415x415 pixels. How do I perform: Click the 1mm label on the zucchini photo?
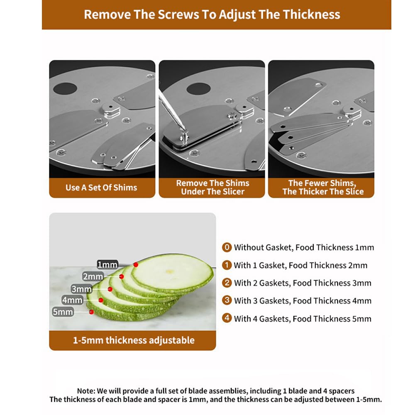point(107,264)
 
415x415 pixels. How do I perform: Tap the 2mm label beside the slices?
point(93,276)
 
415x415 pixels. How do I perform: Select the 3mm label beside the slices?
point(81,289)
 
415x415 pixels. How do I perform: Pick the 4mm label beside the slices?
point(72,300)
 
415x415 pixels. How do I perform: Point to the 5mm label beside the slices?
point(63,312)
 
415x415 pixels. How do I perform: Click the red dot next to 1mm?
point(136,265)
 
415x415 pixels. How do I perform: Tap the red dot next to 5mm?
point(91,312)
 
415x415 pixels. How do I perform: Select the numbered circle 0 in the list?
point(227,247)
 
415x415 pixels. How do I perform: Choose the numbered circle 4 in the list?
point(227,318)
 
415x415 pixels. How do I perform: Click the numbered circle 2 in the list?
point(227,283)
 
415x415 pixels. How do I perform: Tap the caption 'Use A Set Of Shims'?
point(101,188)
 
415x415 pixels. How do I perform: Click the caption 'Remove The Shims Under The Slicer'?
point(213,187)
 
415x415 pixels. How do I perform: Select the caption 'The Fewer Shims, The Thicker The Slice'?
point(323,187)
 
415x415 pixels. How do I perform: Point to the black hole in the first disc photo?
point(65,89)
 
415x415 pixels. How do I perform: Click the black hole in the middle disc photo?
point(198,89)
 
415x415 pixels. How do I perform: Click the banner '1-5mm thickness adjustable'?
point(134,340)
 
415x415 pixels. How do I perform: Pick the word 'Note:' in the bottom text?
point(86,391)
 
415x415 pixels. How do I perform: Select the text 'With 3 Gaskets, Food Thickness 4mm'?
point(303,301)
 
